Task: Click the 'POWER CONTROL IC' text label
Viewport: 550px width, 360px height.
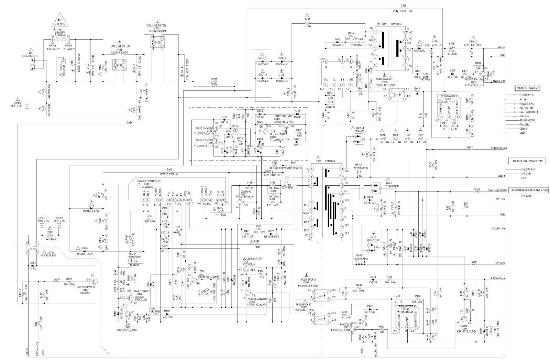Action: pyautogui.click(x=149, y=181)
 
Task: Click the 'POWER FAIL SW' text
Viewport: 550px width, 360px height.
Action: pyautogui.click(x=475, y=79)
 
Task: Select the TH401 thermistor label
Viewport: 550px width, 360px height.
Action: pyautogui.click(x=50, y=227)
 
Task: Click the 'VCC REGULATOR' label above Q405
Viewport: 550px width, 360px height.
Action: pyautogui.click(x=252, y=258)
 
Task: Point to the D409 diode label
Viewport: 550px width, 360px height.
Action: pyautogui.click(x=85, y=248)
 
